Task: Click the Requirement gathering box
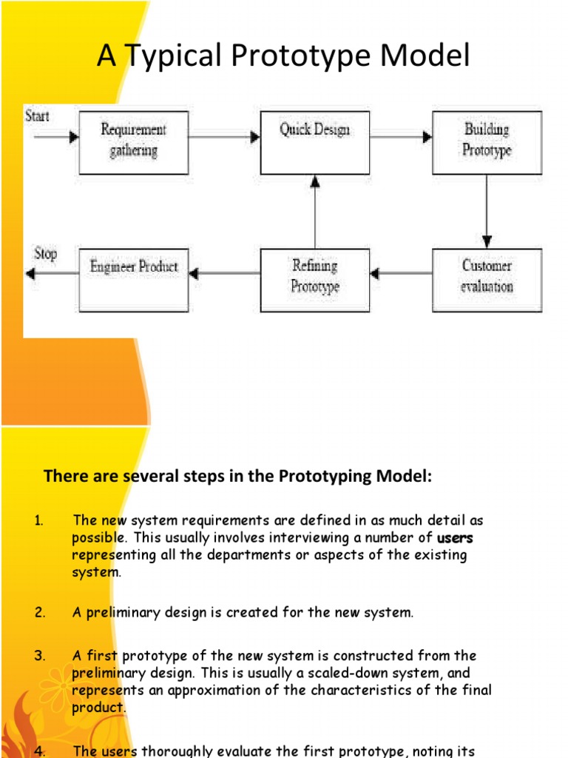(133, 142)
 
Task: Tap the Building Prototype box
(487, 142)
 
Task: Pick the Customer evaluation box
(487, 279)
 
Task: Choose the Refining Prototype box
(315, 279)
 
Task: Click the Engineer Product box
(133, 279)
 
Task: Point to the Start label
(38, 115)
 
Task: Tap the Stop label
(45, 254)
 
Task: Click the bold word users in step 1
(455, 538)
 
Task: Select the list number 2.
(39, 612)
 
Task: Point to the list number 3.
(39, 655)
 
